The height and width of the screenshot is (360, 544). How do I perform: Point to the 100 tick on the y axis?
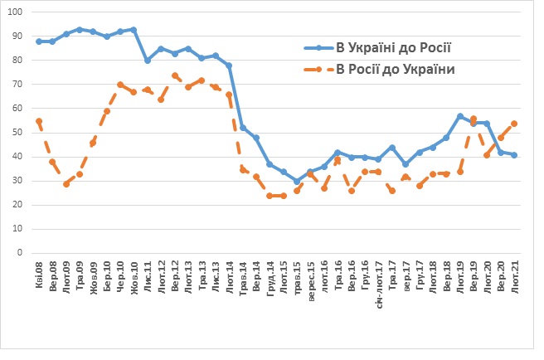point(18,12)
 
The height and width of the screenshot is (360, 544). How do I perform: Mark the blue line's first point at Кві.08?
point(39,41)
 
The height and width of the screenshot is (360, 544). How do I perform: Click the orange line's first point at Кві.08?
point(39,121)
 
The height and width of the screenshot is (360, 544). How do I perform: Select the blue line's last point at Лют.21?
point(515,155)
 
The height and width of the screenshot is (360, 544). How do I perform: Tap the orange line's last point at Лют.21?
point(515,124)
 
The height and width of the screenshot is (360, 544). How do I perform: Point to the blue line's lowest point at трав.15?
point(297,182)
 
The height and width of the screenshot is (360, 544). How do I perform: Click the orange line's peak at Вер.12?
point(175,75)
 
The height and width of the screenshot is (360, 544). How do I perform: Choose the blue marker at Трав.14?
point(243,128)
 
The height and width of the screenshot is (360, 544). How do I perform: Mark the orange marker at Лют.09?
point(66,184)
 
